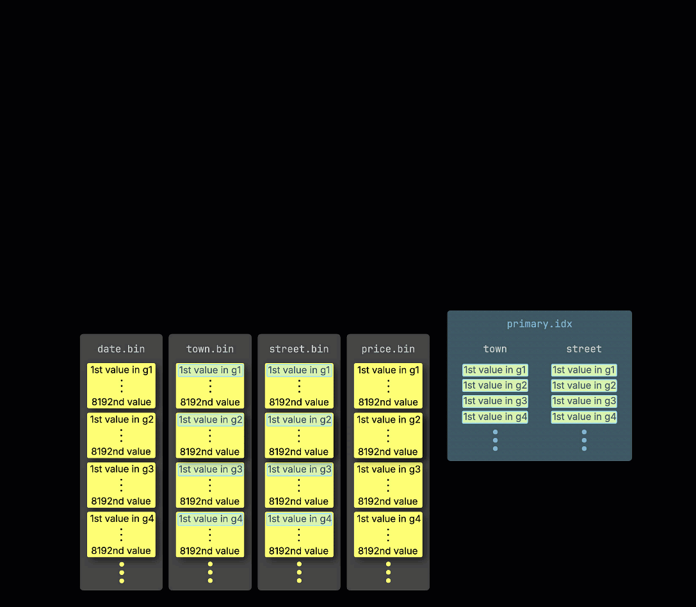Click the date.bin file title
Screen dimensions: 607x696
pyautogui.click(x=121, y=349)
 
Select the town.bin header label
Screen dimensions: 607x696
pyautogui.click(x=210, y=349)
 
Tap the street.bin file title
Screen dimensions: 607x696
pyautogui.click(x=299, y=349)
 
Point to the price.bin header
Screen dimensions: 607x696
pyautogui.click(x=388, y=349)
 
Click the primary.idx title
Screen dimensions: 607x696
pyautogui.click(x=539, y=324)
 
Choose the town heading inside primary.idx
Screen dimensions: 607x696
pyautogui.click(x=495, y=349)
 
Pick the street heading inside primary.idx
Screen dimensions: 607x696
pyautogui.click(x=584, y=349)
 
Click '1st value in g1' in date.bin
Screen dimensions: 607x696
pyautogui.click(x=121, y=370)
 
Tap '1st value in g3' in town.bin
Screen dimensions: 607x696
pyautogui.click(x=210, y=469)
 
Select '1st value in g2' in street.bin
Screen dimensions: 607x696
pyautogui.click(x=299, y=420)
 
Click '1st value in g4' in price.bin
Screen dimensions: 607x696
pyautogui.click(x=388, y=519)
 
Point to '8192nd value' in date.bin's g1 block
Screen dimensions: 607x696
pyautogui.click(x=121, y=402)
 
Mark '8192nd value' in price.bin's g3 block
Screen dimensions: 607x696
pyautogui.click(x=388, y=501)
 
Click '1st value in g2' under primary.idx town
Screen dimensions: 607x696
pyautogui.click(x=495, y=385)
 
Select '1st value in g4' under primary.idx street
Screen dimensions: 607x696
pyautogui.click(x=584, y=417)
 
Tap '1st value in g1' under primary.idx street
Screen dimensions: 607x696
pyautogui.click(x=584, y=370)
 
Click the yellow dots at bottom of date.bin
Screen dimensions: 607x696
pyautogui.click(x=122, y=572)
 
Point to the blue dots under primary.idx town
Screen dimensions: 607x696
pyautogui.click(x=495, y=440)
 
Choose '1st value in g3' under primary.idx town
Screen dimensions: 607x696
pyautogui.click(x=495, y=401)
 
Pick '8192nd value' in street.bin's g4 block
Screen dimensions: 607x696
pyautogui.click(x=299, y=551)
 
